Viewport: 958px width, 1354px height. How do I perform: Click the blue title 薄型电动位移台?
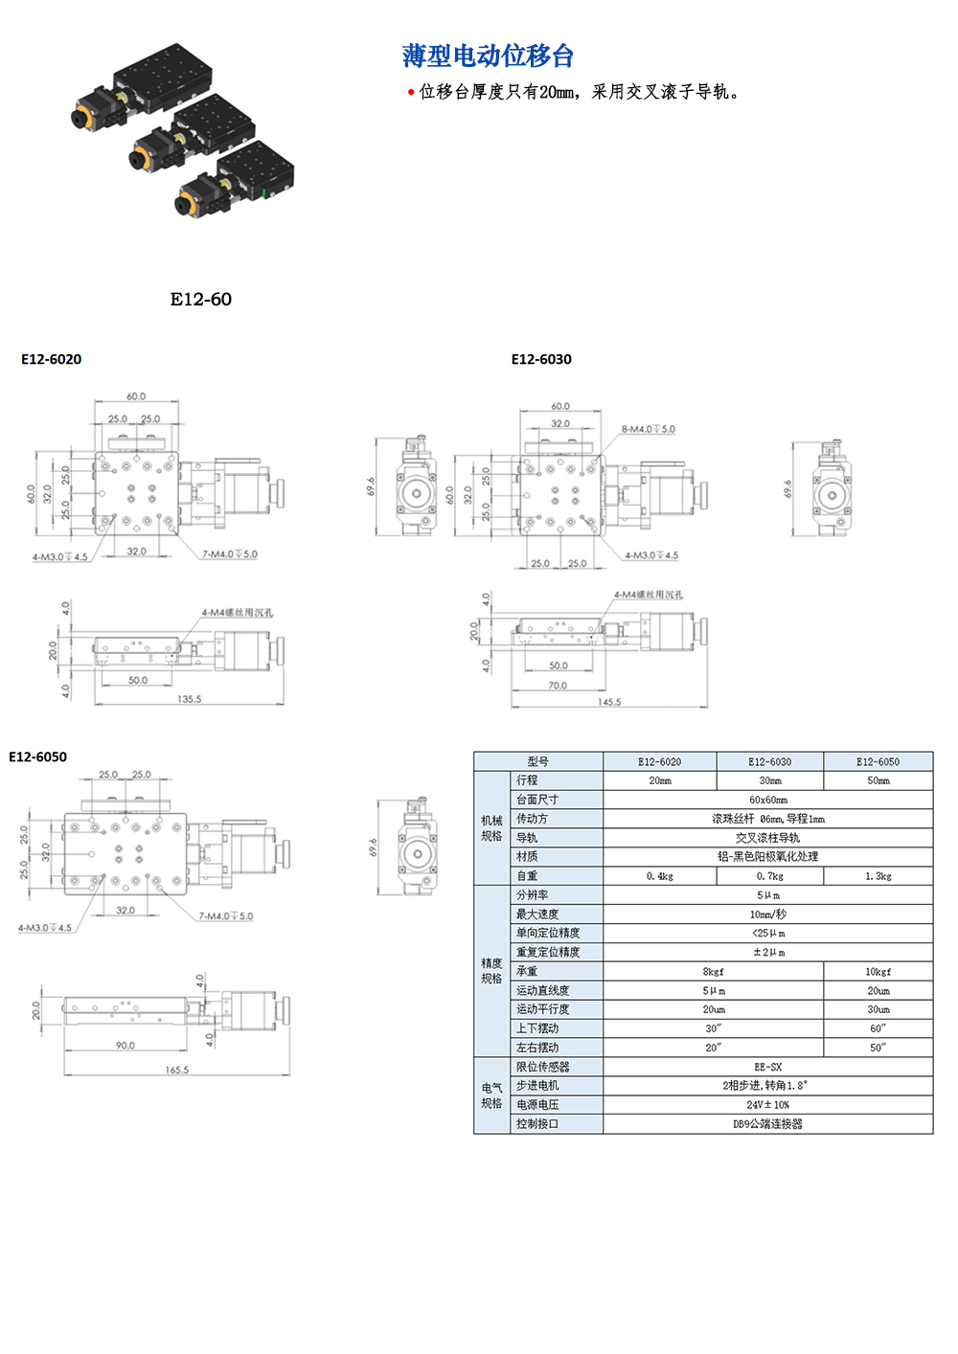(x=488, y=56)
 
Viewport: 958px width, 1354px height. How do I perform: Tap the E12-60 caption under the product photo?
(x=200, y=300)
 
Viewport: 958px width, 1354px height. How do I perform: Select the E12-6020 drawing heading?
(x=52, y=359)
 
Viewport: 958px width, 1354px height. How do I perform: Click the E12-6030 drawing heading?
(x=541, y=359)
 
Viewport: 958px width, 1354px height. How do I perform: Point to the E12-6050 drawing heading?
(x=38, y=756)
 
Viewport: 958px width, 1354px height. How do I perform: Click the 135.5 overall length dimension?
(x=189, y=699)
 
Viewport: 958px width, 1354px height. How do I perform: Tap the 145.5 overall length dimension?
(x=609, y=702)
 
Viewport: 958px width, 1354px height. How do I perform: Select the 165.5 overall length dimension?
(x=177, y=1070)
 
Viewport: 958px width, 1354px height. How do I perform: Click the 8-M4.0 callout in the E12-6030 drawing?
(x=649, y=429)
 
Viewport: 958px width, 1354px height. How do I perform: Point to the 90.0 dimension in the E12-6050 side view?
(x=125, y=1045)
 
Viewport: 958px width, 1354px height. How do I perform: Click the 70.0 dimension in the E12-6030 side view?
(x=558, y=685)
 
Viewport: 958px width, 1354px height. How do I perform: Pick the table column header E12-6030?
(x=769, y=762)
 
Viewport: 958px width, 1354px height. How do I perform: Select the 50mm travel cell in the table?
(x=878, y=780)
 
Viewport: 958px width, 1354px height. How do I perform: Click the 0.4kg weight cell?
(x=660, y=876)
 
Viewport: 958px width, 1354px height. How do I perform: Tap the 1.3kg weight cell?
(x=878, y=876)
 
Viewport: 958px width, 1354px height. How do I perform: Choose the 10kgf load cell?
(x=878, y=971)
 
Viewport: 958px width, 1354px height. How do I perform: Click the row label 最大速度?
(x=537, y=914)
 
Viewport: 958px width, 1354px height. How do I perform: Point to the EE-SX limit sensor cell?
(x=767, y=1067)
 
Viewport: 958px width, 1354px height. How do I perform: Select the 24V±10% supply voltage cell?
(x=767, y=1105)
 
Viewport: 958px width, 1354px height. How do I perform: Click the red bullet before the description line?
(x=411, y=92)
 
